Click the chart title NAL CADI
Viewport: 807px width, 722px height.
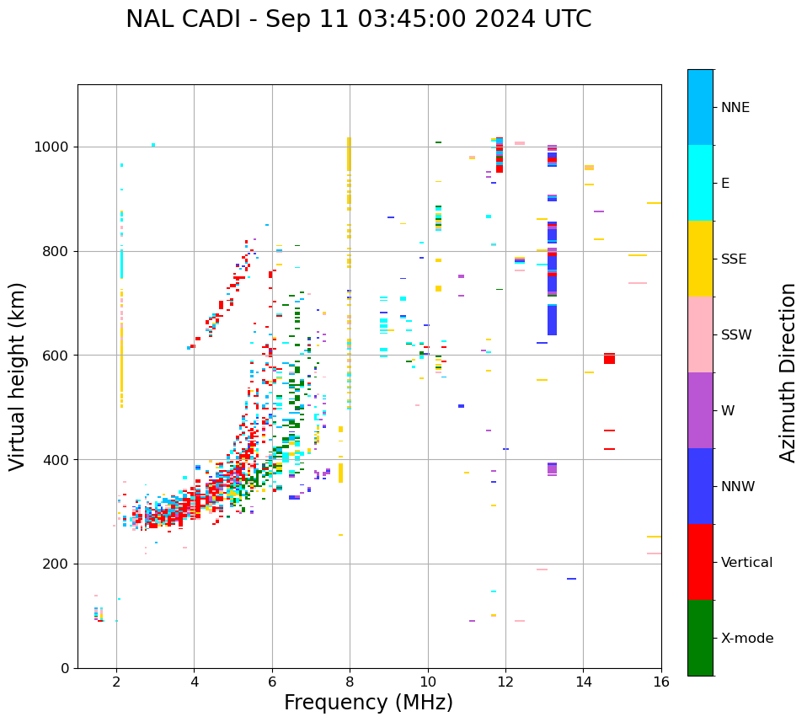[x=358, y=19]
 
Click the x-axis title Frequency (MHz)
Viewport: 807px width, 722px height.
[x=368, y=703]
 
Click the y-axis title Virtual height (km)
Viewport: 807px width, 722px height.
[x=18, y=377]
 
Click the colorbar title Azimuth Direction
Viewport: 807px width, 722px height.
[x=788, y=372]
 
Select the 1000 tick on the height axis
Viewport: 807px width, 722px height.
[x=51, y=147]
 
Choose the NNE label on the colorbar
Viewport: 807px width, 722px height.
[x=735, y=108]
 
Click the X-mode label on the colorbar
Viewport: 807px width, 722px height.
[x=747, y=639]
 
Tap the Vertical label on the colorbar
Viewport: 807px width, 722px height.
[x=746, y=563]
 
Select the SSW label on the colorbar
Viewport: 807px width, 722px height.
[x=736, y=335]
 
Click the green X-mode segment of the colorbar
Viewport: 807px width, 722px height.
[x=700, y=638]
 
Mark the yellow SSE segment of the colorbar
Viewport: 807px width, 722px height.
[x=700, y=259]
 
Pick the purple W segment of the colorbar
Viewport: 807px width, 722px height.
[x=700, y=410]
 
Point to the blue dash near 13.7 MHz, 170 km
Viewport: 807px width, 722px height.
[x=571, y=579]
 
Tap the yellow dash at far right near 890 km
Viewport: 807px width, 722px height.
[x=654, y=203]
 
